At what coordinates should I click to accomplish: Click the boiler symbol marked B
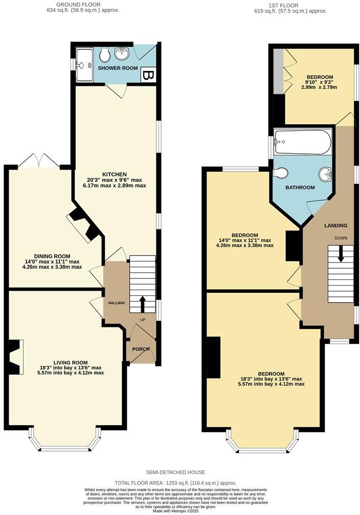148,76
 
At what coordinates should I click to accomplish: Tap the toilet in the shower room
105,54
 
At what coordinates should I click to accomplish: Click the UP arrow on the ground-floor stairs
142,304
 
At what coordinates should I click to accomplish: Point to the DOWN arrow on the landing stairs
341,253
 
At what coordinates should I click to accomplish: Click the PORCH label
141,349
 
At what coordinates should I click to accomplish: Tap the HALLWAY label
116,303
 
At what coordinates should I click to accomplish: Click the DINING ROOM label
52,256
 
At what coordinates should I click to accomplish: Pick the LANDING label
336,225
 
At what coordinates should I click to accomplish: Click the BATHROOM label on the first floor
300,188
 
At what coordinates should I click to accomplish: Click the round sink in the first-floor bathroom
325,174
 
